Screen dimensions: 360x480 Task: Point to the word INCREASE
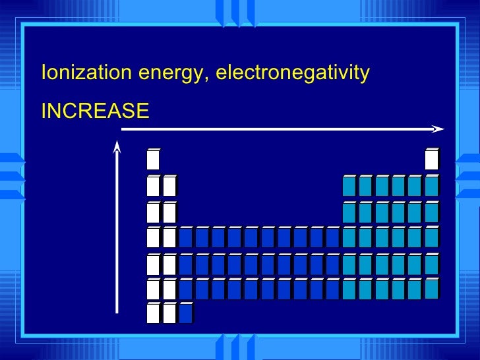(x=95, y=111)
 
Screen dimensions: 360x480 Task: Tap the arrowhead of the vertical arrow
(x=117, y=147)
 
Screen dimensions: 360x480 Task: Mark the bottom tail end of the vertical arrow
(x=117, y=311)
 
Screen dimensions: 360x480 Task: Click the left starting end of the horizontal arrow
(x=124, y=129)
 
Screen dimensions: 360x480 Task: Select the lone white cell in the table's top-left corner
(x=153, y=160)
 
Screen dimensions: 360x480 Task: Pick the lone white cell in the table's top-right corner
(x=432, y=160)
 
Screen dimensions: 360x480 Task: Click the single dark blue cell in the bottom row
(x=186, y=313)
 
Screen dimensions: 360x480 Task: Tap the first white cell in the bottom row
(x=153, y=313)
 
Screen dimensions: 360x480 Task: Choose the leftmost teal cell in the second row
(x=349, y=187)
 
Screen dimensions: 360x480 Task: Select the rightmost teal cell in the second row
(x=432, y=187)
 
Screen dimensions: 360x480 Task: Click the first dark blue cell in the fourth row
(x=186, y=237)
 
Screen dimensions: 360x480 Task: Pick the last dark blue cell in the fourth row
(x=333, y=237)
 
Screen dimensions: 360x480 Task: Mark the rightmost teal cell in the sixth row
(x=432, y=289)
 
